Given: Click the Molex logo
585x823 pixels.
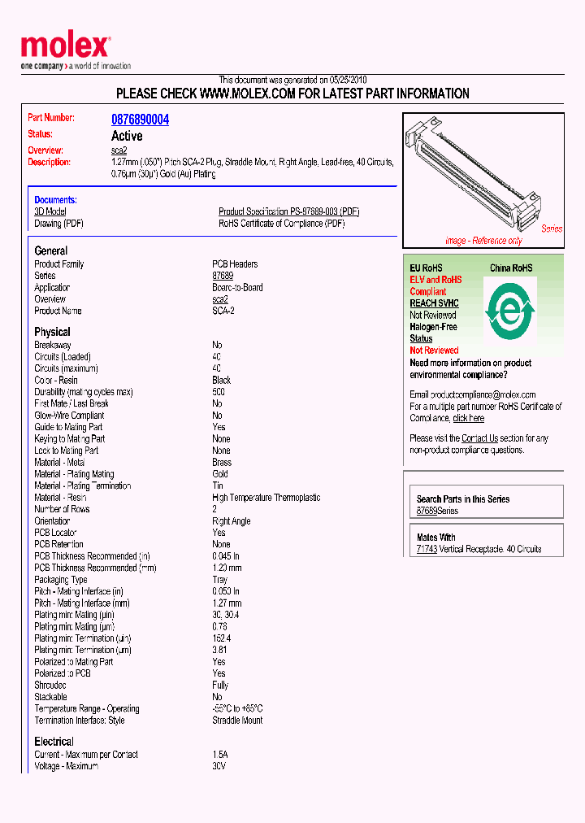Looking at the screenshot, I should (65, 47).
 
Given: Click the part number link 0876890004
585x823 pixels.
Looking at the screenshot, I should (140, 120).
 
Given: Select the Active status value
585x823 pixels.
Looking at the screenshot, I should (127, 136).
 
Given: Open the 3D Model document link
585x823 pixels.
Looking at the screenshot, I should (50, 211).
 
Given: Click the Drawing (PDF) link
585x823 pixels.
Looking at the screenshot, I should (58, 224).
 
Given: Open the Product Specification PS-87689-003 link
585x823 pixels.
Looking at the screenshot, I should (288, 211).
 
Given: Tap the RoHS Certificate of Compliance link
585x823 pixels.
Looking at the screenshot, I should (281, 224).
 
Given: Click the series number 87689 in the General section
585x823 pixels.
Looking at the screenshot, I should (223, 276).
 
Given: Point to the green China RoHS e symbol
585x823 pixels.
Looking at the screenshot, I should (509, 309).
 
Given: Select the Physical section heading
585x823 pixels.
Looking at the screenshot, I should (52, 332).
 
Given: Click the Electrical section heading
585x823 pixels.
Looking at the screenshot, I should (54, 742).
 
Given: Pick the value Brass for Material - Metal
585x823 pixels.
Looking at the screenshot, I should (222, 462).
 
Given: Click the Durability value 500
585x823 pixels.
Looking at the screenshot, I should (219, 392).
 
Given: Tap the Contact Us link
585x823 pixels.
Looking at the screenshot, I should (479, 438).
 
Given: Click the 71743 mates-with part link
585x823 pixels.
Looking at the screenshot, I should (427, 550).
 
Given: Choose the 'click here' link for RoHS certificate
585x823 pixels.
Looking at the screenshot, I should (468, 418).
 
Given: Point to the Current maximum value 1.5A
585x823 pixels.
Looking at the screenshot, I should (220, 755).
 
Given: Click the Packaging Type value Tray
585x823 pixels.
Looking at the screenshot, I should (220, 580).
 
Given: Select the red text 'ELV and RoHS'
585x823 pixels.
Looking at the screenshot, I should (435, 280).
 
